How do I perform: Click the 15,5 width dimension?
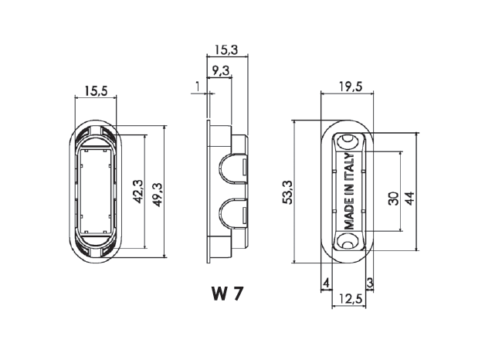tap(96, 91)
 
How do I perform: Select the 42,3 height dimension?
tap(138, 192)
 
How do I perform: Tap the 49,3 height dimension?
tap(158, 195)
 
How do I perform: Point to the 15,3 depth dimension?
tap(227, 49)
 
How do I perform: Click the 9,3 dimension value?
tap(221, 71)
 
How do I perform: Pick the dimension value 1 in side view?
tap(198, 87)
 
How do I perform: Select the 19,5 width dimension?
tap(350, 87)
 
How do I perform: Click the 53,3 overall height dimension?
tap(287, 192)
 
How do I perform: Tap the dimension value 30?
tap(393, 199)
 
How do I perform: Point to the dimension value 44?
tap(410, 199)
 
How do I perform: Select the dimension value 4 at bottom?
tap(326, 283)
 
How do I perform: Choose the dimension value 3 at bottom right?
tap(370, 283)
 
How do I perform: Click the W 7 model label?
tap(227, 294)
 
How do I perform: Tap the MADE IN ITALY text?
tap(349, 191)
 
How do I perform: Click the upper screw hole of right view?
tap(348, 141)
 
